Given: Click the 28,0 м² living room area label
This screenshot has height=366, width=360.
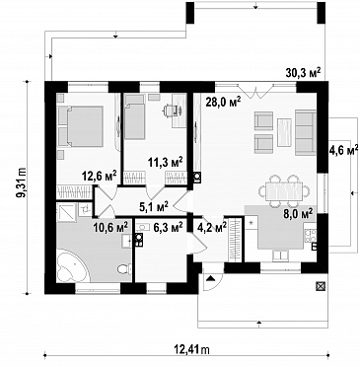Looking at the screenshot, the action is coord(223,102).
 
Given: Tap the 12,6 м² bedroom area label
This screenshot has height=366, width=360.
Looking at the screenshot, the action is coord(100,176).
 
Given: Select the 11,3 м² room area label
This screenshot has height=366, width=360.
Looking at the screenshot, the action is coord(166,163).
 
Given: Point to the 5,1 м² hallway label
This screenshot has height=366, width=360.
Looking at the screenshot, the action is coord(153,207).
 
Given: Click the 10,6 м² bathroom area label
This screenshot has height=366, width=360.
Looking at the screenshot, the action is coord(110,227).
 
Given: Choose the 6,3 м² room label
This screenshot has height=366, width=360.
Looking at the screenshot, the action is coord(168,227).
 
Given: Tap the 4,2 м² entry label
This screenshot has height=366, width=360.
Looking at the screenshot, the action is coord(212,227).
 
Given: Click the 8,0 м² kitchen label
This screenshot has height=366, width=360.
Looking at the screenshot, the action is coord(298,214).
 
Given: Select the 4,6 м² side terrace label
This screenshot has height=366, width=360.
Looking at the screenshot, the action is coord(343,150).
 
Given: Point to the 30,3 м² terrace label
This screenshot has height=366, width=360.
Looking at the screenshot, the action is coord(303,73).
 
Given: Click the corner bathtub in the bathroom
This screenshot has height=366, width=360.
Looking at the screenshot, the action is coord(72,266).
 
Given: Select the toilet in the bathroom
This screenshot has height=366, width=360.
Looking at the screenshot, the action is coord(124,269).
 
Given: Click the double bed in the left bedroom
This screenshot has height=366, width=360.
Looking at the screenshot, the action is coord(80,126).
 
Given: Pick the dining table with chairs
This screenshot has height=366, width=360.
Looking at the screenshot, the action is coord(284,190).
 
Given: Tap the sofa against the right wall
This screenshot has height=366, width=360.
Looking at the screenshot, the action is coord(306,132).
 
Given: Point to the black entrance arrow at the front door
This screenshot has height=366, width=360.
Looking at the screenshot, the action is coord(211,279).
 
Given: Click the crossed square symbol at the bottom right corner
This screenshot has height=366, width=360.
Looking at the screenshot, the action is coord(320,286).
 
